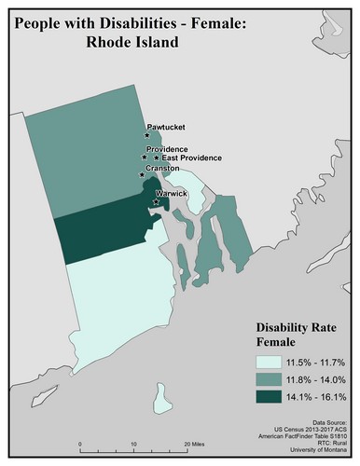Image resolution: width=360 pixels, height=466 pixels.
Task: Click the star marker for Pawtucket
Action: (146, 135)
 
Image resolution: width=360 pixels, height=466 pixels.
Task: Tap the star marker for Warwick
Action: (154, 200)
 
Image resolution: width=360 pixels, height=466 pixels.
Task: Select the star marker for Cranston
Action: (142, 174)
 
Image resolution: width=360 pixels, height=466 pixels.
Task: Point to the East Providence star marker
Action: (157, 158)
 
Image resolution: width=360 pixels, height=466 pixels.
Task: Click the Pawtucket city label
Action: (167, 127)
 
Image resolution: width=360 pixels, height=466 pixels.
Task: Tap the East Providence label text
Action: (193, 158)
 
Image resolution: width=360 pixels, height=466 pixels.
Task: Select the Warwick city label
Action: (173, 193)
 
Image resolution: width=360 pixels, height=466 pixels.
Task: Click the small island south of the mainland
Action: (164, 395)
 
